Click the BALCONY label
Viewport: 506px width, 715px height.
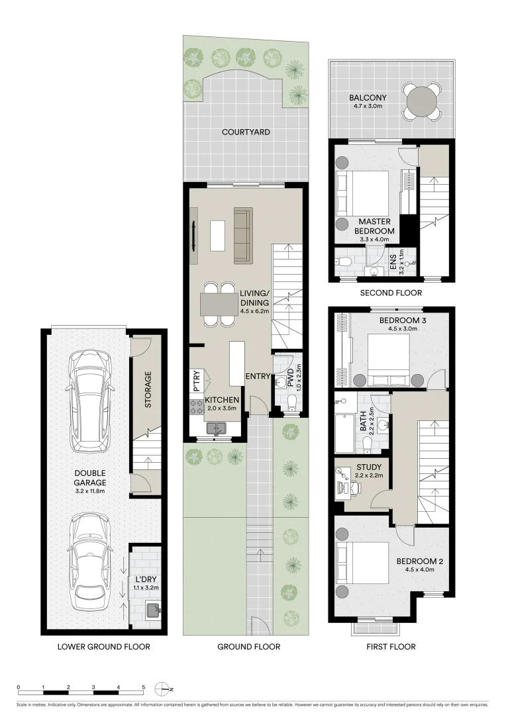point(368,98)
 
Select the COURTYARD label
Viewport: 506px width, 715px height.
point(246,132)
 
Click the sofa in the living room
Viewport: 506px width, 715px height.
point(243,236)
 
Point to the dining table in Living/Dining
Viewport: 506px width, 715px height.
point(219,305)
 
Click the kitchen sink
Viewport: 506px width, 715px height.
point(217,428)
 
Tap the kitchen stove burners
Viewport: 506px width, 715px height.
point(197,407)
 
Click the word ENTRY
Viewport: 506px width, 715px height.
point(258,377)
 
